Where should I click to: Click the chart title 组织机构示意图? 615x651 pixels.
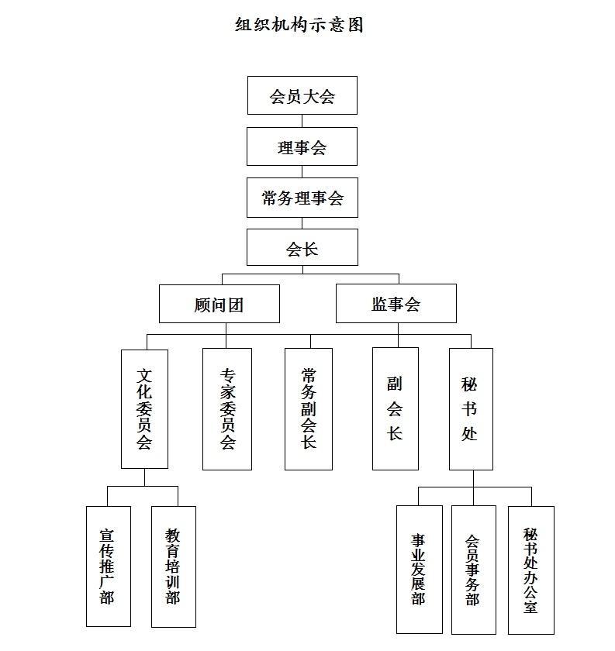[x=299, y=25]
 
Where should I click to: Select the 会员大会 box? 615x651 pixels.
[x=302, y=95]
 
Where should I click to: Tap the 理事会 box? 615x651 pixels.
[x=302, y=146]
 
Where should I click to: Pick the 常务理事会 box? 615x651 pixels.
[x=302, y=198]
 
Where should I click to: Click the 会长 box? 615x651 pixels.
[x=302, y=247]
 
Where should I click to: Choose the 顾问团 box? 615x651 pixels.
[x=219, y=304]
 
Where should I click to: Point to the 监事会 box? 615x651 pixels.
[x=396, y=303]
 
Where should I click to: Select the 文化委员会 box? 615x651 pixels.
[x=144, y=409]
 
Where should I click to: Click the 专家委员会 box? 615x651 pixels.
[x=227, y=409]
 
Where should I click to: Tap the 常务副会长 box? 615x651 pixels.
[x=309, y=409]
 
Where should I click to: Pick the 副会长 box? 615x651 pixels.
[x=396, y=408]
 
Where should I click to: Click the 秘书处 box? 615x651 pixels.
[x=471, y=409]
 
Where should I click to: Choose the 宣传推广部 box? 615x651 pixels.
[x=109, y=567]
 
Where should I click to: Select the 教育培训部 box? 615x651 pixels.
[x=173, y=567]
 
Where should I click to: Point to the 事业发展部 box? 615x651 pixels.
[x=420, y=570]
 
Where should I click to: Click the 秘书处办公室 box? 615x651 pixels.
[x=531, y=570]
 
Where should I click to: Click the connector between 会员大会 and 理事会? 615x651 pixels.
[x=302, y=121]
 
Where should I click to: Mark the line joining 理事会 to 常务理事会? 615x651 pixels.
[x=302, y=172]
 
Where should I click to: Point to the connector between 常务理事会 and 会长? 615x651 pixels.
[x=302, y=223]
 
